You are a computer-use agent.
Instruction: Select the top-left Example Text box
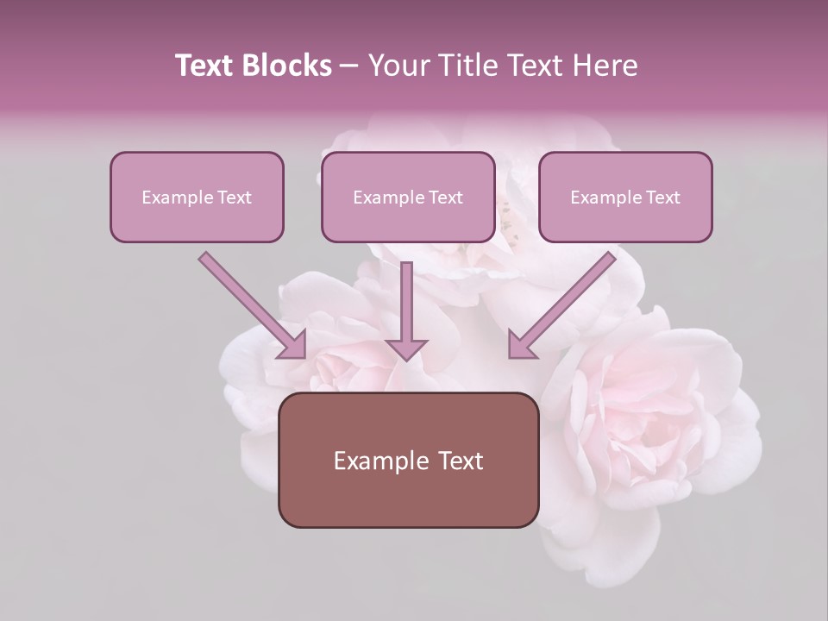(197, 198)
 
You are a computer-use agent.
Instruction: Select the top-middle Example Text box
(408, 198)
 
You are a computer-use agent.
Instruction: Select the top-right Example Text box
(625, 198)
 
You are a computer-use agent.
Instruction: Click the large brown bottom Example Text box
(408, 460)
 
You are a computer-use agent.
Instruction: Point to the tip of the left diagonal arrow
(304, 356)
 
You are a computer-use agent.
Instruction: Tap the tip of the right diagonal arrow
(510, 356)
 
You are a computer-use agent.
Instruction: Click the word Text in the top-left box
(235, 198)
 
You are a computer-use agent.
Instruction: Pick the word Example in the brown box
(381, 461)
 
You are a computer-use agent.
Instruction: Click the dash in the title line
(349, 66)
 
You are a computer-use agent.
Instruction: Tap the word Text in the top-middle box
(446, 198)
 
